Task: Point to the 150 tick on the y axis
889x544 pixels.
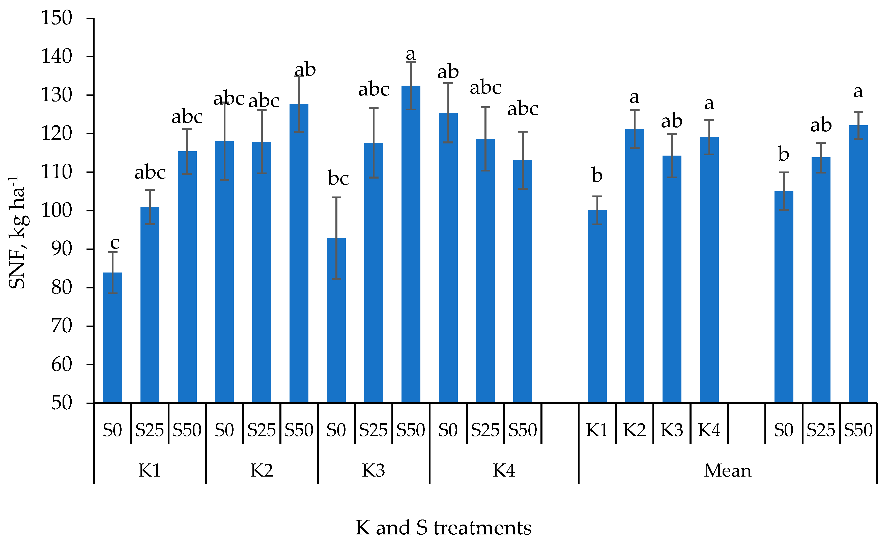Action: point(57,18)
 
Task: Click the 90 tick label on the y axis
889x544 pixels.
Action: point(61,249)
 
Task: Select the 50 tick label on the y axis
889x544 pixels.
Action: point(61,403)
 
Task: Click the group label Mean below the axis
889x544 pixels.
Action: point(727,471)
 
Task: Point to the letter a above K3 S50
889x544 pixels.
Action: point(411,55)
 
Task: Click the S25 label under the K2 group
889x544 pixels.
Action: point(261,430)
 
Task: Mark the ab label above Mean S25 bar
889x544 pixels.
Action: point(821,125)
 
